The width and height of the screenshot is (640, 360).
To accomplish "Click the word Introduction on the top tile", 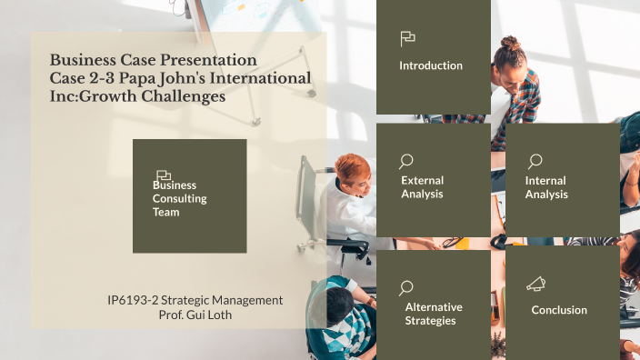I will [x=431, y=65].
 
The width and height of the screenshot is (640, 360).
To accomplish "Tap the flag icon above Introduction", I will [x=407, y=38].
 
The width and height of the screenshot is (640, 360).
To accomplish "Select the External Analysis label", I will [x=422, y=187].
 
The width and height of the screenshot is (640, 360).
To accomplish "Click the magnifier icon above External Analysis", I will [x=406, y=161].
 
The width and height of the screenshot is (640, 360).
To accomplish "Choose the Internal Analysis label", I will [x=545, y=187].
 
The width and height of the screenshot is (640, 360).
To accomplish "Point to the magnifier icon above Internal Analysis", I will [x=534, y=161].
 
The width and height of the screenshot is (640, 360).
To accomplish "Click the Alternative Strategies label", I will [x=433, y=314].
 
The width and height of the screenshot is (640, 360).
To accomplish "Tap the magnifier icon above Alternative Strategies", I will [x=406, y=288].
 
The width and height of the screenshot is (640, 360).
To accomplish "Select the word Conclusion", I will [x=559, y=310].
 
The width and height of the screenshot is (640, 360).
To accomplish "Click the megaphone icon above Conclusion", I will [x=535, y=285].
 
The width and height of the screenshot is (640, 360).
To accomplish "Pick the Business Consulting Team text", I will [x=180, y=198].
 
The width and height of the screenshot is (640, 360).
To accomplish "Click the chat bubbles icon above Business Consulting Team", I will [x=164, y=175].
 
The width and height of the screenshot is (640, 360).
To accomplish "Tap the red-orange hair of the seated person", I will [x=353, y=165].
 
